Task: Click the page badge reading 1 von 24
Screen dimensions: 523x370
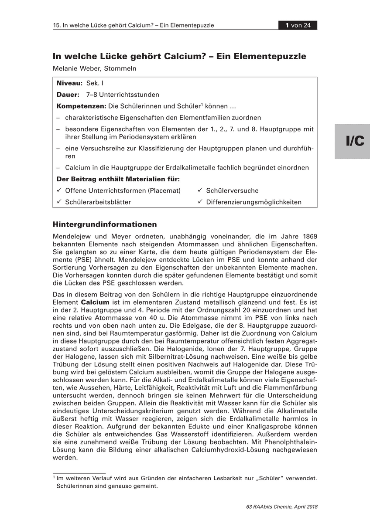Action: [x=298, y=25]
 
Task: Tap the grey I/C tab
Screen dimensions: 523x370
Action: [x=352, y=141]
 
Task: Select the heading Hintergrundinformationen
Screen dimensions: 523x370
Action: [x=105, y=225]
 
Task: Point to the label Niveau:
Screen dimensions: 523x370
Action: [x=69, y=83]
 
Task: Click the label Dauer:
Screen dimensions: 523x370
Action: [x=68, y=94]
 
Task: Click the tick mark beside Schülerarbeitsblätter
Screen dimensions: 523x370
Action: [x=59, y=202]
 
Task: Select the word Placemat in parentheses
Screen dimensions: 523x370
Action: [x=164, y=190]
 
